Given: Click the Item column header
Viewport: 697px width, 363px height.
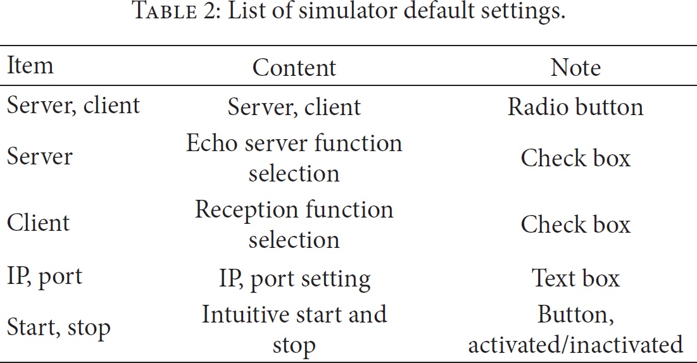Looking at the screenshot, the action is pos(30,66).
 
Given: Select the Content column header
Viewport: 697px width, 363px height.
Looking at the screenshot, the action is pos(294,68).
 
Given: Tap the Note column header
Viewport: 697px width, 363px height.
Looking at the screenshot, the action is pos(575,68).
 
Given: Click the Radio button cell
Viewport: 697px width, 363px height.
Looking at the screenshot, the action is pos(575,107).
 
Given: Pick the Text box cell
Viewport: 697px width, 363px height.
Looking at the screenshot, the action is pos(575,278).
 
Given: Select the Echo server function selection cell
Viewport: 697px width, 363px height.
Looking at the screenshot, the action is pos(294,158).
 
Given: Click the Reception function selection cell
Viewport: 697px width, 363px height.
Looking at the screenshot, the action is pos(294,225).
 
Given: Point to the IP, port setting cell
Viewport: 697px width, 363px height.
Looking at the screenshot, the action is pos(294,280).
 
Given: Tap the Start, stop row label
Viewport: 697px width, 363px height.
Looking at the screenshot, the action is pos(59,328).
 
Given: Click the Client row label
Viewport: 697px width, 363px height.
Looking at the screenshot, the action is pos(38,223).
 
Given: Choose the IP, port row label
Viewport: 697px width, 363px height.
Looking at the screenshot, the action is pos(44,277).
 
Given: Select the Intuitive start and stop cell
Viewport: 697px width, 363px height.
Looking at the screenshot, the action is pos(294,329).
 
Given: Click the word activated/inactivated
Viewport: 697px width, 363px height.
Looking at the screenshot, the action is pos(575,345).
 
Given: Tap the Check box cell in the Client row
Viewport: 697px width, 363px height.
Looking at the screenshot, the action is pos(575,225).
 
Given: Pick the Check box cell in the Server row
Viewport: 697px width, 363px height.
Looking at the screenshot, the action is pos(575,158).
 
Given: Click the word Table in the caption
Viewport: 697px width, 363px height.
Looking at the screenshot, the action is pos(165,11).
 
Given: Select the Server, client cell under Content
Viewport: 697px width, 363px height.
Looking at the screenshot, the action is pos(294,108).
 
